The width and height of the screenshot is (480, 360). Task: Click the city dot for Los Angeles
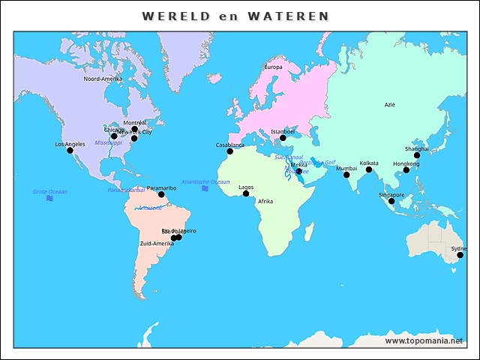[70, 151]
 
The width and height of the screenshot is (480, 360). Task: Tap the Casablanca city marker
[230, 151]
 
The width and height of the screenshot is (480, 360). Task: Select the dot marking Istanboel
[283, 138]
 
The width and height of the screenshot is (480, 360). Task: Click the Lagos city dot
[246, 193]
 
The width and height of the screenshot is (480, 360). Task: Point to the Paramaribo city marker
[161, 194]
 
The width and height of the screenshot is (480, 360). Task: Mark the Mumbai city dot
[346, 175]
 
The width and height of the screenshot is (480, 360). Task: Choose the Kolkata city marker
[369, 169]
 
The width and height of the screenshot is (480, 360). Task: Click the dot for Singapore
[391, 201]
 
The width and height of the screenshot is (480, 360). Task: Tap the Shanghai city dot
[417, 155]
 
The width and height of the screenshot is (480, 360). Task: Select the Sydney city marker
[460, 255]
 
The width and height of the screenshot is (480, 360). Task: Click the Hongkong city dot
[406, 170]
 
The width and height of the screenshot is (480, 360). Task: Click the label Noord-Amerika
[103, 79]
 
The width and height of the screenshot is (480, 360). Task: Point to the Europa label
[273, 67]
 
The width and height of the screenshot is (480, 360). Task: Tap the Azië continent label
[389, 105]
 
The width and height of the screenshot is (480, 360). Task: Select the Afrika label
[265, 201]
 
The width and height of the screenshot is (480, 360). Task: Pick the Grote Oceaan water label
[49, 192]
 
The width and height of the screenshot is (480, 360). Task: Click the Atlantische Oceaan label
[205, 181]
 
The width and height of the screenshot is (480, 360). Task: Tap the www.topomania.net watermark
[424, 340]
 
